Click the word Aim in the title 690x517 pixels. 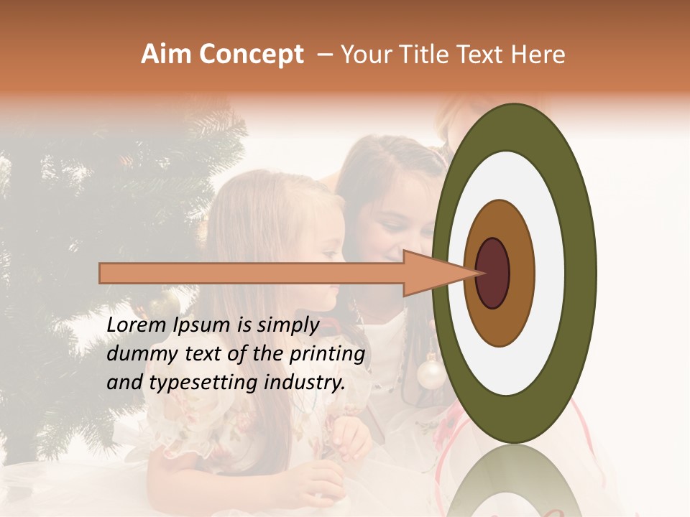(167, 55)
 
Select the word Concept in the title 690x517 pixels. (251, 55)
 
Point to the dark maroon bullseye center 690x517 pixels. (493, 273)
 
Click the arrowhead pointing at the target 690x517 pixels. (431, 273)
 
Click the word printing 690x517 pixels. (327, 355)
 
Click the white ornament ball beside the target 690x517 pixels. (431, 373)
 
